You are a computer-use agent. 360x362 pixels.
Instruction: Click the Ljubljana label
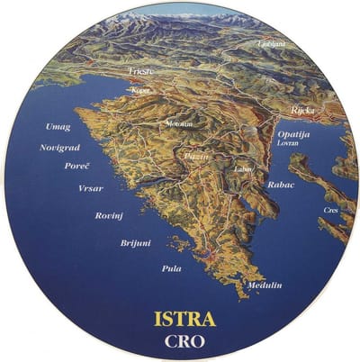click(272, 42)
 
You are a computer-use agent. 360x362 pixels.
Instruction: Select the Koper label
click(140, 90)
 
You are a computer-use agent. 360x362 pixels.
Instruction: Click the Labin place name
click(241, 168)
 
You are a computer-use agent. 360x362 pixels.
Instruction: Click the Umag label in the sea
click(58, 127)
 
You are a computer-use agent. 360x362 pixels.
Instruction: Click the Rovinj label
click(109, 216)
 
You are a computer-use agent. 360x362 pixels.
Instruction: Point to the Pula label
click(171, 267)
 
